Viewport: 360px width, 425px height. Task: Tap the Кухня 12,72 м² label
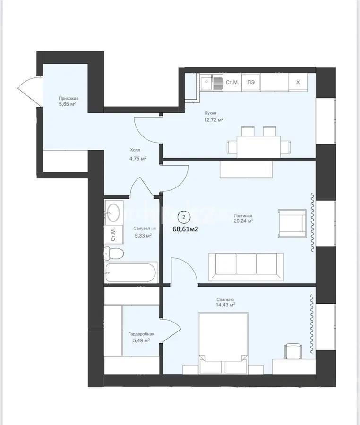pyautogui.click(x=214, y=116)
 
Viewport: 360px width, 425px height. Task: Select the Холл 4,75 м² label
pyautogui.click(x=137, y=155)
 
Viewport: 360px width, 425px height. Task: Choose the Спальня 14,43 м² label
pyautogui.click(x=226, y=302)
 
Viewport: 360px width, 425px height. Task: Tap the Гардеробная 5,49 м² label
pyautogui.click(x=140, y=337)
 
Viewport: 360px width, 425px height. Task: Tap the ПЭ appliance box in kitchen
pyautogui.click(x=252, y=82)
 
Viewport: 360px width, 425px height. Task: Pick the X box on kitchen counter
pyautogui.click(x=298, y=82)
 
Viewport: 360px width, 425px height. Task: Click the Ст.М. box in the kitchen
pyautogui.click(x=232, y=82)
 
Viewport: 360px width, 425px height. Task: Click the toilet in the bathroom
pyautogui.click(x=114, y=253)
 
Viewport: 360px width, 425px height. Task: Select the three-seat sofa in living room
pyautogui.click(x=246, y=266)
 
